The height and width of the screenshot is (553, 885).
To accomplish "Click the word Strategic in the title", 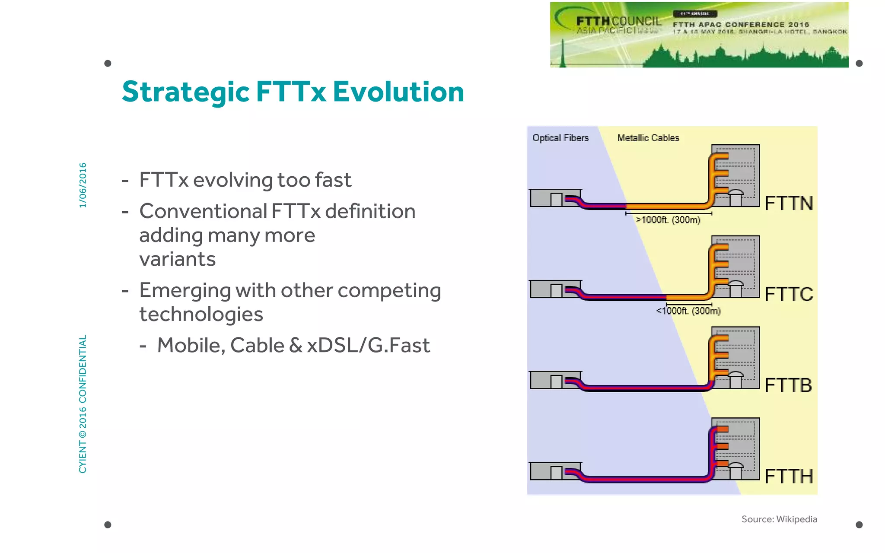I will tap(186, 92).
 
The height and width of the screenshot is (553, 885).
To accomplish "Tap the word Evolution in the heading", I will tap(398, 92).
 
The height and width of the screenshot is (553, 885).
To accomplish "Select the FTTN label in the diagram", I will tap(789, 203).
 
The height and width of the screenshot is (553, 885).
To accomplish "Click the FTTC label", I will tap(789, 295).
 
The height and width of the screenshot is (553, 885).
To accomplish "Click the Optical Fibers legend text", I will tap(560, 138).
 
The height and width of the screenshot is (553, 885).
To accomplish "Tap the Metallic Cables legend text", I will tap(648, 138).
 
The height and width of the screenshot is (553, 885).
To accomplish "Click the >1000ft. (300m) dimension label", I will tap(668, 220).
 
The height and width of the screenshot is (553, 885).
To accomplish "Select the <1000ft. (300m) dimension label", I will tap(688, 311).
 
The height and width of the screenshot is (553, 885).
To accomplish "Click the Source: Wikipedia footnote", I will tap(779, 519).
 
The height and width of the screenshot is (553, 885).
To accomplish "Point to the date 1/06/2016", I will tap(83, 185).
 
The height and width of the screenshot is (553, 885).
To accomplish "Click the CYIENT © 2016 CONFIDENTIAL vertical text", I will tap(83, 404).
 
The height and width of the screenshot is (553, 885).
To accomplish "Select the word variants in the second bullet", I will tap(177, 259).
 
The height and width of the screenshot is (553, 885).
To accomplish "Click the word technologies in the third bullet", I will tap(201, 314).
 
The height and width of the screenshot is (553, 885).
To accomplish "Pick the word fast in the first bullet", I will tap(332, 180).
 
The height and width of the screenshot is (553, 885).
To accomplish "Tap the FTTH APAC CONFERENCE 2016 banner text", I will tap(741, 25).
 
